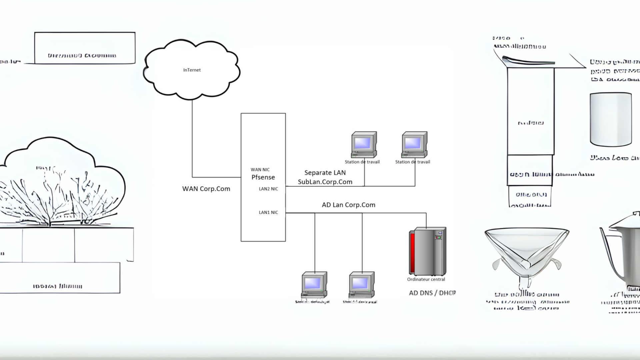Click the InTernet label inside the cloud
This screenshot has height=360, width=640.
pyautogui.click(x=192, y=70)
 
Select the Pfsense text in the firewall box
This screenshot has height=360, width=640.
pyautogui.click(x=263, y=177)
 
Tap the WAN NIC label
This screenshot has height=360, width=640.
pyautogui.click(x=260, y=170)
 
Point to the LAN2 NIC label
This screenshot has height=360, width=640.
pyautogui.click(x=268, y=189)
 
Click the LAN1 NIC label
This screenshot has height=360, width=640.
pyautogui.click(x=268, y=212)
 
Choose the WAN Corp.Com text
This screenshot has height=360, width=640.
pyautogui.click(x=206, y=189)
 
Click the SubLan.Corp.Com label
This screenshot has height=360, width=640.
pyautogui.click(x=325, y=182)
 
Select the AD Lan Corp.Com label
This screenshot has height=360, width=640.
pyautogui.click(x=348, y=205)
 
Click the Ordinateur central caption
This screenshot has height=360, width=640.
pyautogui.click(x=426, y=279)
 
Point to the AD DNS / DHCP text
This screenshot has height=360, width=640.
pyautogui.click(x=432, y=293)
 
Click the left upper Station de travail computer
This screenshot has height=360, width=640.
pyautogui.click(x=364, y=145)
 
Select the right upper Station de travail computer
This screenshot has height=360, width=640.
pyautogui.click(x=414, y=145)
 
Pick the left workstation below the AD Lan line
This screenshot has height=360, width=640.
pyautogui.click(x=314, y=285)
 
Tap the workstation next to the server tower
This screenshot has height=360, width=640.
pyautogui.click(x=362, y=285)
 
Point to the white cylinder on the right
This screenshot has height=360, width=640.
pyautogui.click(x=611, y=119)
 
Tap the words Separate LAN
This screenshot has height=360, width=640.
pyautogui.click(x=325, y=173)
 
